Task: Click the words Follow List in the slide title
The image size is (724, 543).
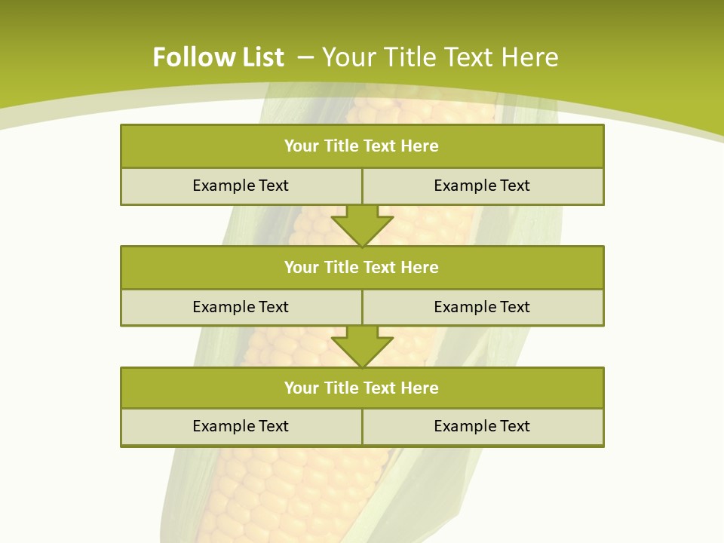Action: tap(218, 57)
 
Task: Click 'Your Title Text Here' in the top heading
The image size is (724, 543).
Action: tap(440, 57)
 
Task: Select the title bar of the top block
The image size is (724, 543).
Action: tap(362, 146)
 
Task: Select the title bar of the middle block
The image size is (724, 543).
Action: tap(362, 268)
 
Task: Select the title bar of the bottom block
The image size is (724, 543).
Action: tap(362, 388)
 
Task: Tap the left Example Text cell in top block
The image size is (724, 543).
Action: tap(241, 186)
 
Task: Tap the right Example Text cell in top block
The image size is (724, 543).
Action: tap(482, 186)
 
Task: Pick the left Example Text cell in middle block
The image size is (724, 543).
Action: tap(241, 307)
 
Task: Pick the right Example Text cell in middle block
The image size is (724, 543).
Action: tap(482, 307)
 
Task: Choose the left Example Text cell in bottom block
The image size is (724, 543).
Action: tap(241, 426)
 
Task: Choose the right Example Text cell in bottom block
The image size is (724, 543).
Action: tap(482, 426)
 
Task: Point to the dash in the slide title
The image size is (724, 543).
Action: tap(305, 57)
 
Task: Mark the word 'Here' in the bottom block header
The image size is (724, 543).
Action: tap(419, 388)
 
